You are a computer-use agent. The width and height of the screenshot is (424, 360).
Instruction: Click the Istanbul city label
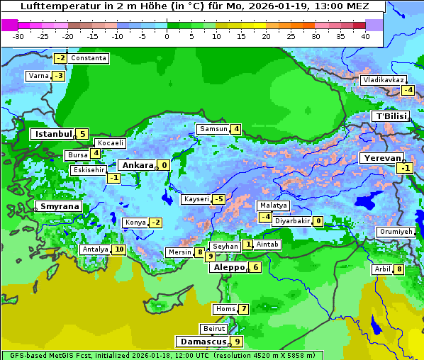(x=54, y=133)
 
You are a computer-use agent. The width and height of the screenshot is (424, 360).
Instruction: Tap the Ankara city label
(x=136, y=165)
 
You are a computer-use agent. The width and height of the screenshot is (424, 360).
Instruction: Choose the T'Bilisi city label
(x=391, y=116)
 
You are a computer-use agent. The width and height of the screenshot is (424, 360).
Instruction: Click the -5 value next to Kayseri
(x=218, y=199)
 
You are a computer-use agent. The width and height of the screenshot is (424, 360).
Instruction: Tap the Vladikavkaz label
(x=384, y=80)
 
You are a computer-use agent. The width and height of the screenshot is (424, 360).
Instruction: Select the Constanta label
(x=89, y=58)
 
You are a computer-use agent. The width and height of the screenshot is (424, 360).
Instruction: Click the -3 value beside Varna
(x=59, y=76)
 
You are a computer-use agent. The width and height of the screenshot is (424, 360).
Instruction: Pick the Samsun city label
(x=213, y=129)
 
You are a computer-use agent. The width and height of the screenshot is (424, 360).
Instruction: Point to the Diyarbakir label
(x=292, y=221)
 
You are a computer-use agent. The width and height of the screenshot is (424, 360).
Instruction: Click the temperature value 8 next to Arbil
(x=399, y=269)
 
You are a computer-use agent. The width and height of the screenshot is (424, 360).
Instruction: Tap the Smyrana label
(x=60, y=207)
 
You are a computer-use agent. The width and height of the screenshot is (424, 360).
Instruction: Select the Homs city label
(x=225, y=309)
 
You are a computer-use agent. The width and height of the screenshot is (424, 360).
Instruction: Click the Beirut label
(x=214, y=329)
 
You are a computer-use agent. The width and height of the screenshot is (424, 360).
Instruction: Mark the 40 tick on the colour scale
(x=365, y=35)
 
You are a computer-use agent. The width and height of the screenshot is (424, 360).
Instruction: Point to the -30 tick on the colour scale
(x=18, y=35)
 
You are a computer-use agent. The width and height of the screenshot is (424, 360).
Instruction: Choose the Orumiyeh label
(x=395, y=232)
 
